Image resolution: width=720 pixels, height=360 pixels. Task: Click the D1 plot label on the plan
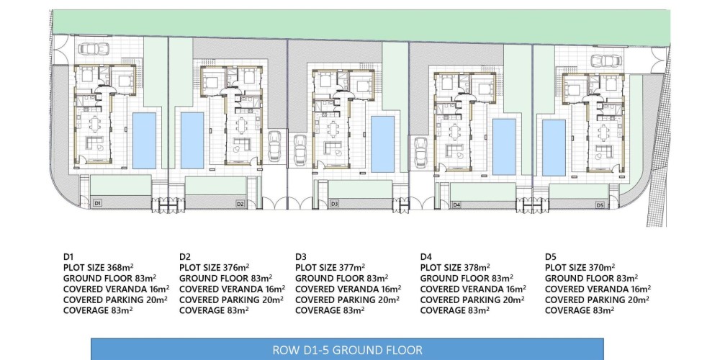pos(97,203)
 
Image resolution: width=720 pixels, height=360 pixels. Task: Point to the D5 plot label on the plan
pos(600,205)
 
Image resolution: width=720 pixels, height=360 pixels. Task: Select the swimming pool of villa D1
pos(144,140)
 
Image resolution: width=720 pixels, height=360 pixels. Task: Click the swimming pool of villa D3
pos(382,144)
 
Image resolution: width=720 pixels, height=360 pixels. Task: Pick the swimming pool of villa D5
pos(554,148)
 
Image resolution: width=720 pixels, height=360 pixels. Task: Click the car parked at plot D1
pos(94,49)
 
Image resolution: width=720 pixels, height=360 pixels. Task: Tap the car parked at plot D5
pos(606,60)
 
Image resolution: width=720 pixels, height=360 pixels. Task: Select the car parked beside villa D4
pos(420,153)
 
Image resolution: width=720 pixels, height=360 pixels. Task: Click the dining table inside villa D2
pos(242,125)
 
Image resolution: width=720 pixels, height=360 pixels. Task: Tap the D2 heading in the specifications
pos(185,257)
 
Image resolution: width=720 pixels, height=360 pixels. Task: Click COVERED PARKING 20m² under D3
pos(347,300)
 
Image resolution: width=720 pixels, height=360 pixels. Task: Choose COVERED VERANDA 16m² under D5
pos(598,289)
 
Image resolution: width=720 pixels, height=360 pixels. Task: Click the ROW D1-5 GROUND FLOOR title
pos(347,351)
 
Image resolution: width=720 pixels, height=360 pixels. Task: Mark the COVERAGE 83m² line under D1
pos(98,310)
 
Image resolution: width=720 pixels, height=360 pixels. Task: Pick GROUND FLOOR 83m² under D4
pos(467,278)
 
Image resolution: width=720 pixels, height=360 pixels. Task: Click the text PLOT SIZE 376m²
pos(215,267)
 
